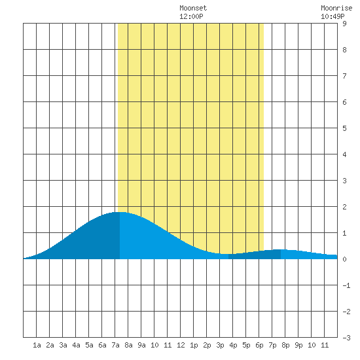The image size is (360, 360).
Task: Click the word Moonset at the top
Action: point(193,8)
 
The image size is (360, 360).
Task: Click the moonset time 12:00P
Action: point(191,16)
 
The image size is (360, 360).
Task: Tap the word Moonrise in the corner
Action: point(336,8)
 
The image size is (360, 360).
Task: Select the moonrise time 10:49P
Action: point(333,16)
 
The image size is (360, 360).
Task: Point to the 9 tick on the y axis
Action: point(344,24)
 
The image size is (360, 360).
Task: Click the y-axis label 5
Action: point(344,128)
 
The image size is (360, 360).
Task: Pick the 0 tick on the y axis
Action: point(344,259)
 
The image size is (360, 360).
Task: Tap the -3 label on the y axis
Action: point(346,338)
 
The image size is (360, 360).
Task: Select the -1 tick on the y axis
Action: point(346,285)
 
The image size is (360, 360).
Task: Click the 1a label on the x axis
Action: point(37,345)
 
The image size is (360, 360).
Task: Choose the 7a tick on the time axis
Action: point(115,345)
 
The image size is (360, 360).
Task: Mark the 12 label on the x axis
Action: point(181,345)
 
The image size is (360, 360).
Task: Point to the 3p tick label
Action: point(220,345)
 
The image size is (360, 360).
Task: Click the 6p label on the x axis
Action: point(259,345)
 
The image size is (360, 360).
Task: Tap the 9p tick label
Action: point(298,345)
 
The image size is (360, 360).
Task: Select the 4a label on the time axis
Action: point(76,345)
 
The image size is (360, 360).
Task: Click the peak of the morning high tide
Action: point(120,212)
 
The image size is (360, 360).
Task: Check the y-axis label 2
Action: point(344,207)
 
